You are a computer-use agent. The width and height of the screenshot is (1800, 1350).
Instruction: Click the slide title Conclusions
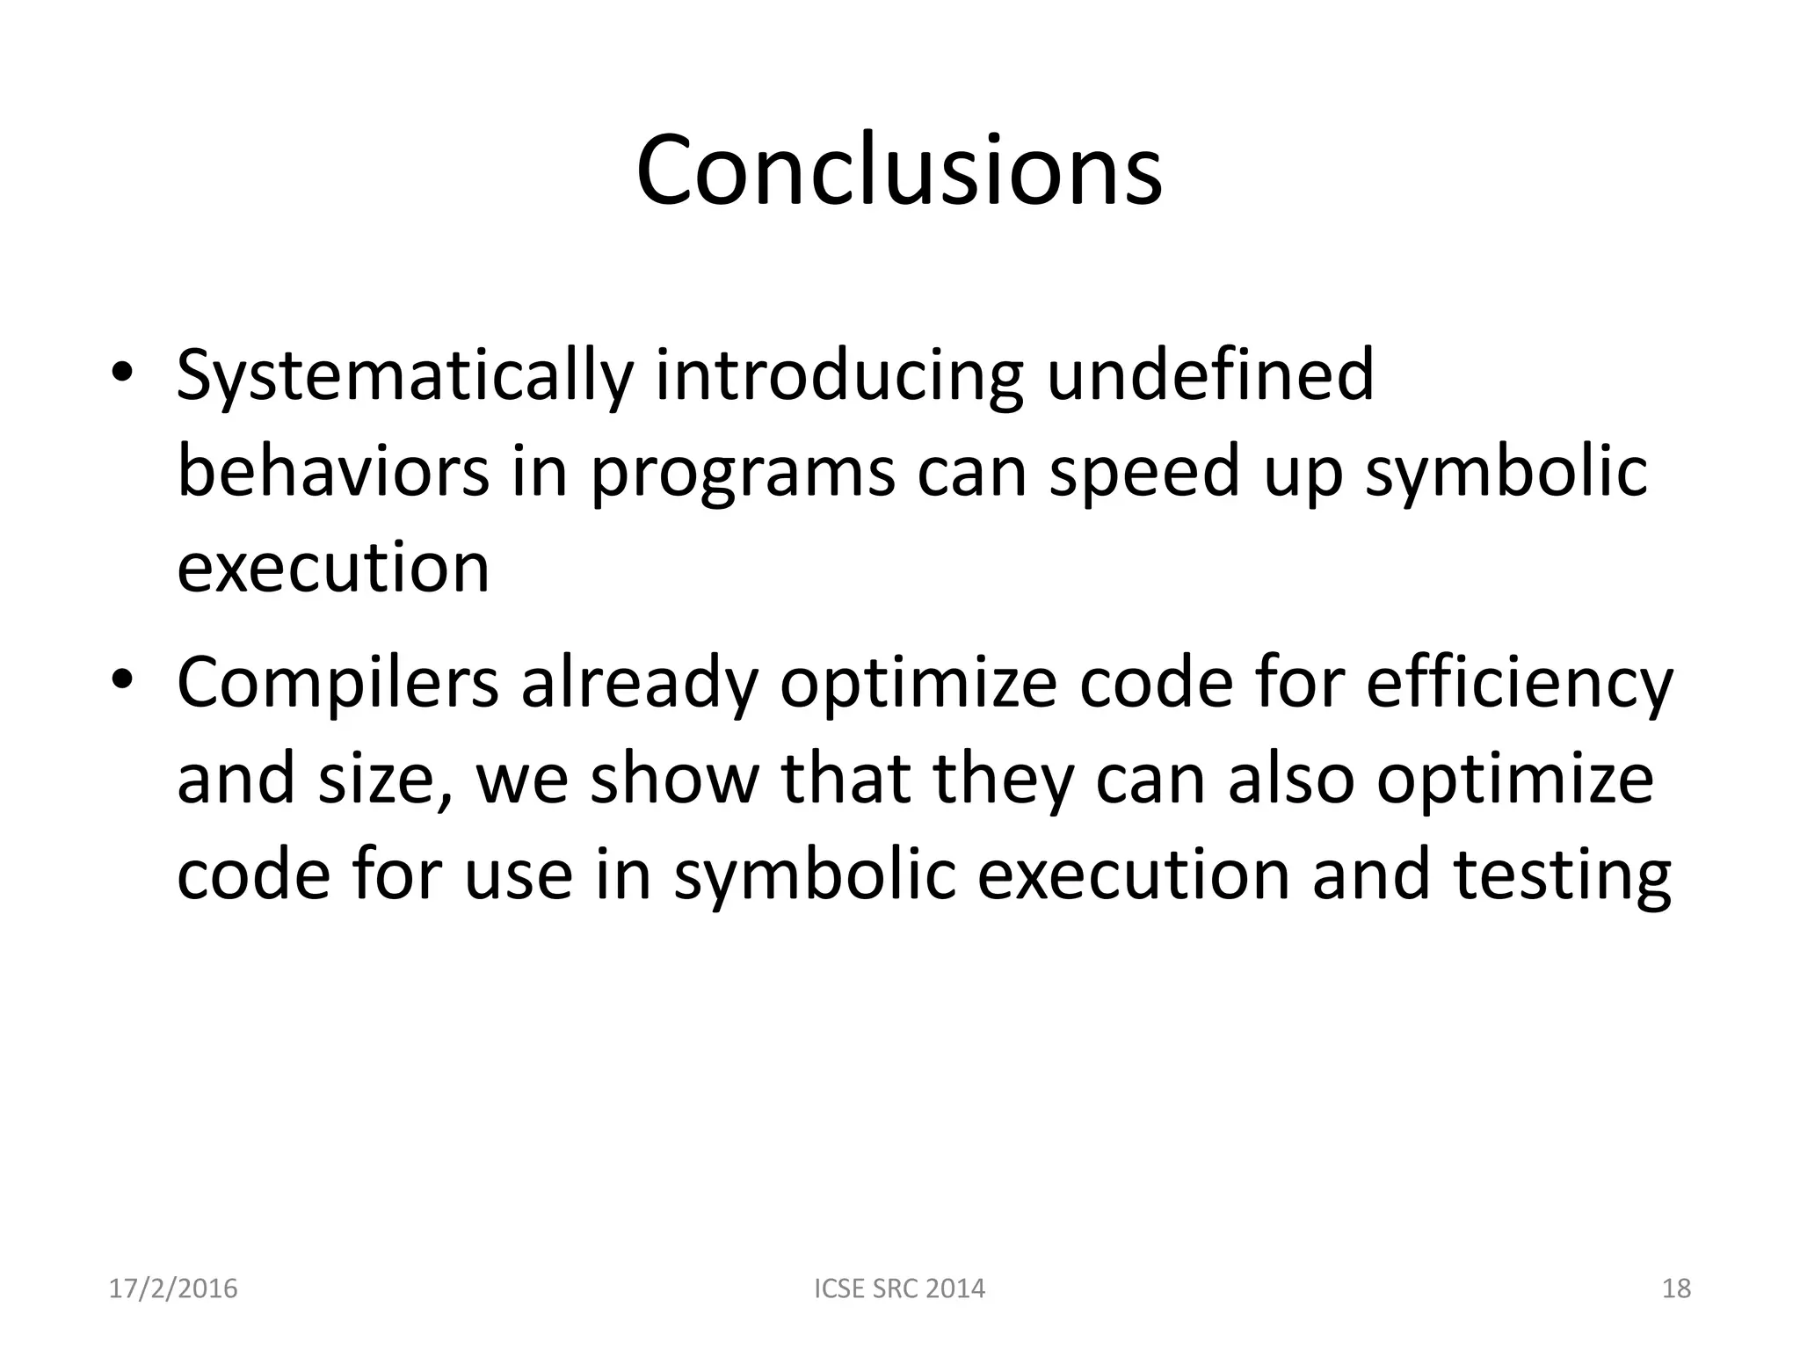pyautogui.click(x=899, y=171)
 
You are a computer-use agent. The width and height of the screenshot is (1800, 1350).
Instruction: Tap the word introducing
pyautogui.click(x=838, y=376)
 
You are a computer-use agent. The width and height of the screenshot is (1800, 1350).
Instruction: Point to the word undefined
pyautogui.click(x=1210, y=376)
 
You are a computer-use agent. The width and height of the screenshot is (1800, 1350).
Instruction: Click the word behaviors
pyautogui.click(x=333, y=472)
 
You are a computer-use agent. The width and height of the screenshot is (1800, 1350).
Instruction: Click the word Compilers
pyautogui.click(x=337, y=684)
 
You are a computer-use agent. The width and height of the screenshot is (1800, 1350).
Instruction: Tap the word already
pyautogui.click(x=639, y=684)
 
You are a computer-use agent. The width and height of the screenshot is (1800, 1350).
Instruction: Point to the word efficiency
pyautogui.click(x=1520, y=684)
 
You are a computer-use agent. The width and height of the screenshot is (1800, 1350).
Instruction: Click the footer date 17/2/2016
pyautogui.click(x=173, y=1288)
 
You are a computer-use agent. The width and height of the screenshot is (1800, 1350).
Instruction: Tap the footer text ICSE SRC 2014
pyautogui.click(x=899, y=1288)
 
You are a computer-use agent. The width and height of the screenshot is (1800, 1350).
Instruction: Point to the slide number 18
pyautogui.click(x=1676, y=1288)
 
